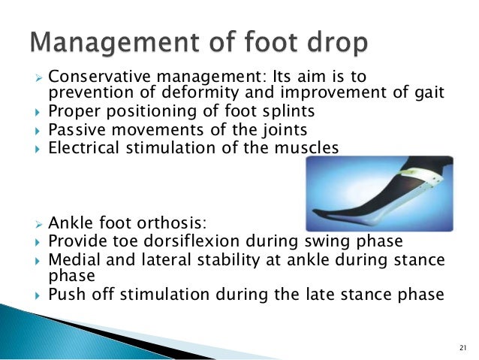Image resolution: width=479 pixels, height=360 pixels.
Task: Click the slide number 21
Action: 461,346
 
